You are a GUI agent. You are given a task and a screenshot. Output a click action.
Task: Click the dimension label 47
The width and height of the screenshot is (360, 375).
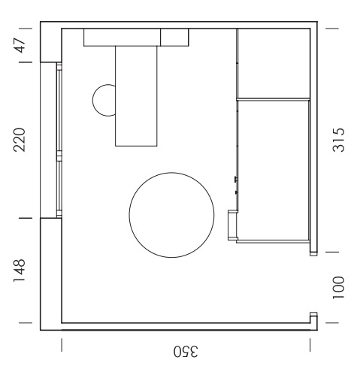(20, 45)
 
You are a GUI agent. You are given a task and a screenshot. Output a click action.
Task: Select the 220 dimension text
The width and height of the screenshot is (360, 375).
(20, 140)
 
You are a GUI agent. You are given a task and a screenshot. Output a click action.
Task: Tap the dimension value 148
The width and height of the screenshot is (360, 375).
(20, 271)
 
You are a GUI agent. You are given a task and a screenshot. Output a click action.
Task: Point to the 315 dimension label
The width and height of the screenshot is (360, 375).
(338, 140)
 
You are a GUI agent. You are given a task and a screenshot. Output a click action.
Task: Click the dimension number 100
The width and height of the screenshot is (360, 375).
(338, 288)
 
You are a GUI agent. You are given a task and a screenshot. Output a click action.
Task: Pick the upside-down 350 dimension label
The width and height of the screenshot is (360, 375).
(186, 352)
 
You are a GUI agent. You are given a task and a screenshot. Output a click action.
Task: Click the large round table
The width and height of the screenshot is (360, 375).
(171, 215)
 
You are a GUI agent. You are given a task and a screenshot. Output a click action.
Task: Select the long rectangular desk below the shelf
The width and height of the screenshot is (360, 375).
(136, 96)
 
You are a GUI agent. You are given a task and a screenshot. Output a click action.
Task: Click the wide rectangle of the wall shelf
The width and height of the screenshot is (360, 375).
(122, 38)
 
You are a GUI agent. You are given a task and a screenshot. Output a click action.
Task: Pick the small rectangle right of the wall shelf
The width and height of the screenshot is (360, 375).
(174, 38)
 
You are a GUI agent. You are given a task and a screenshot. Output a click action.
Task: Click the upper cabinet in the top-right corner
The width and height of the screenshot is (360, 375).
(274, 63)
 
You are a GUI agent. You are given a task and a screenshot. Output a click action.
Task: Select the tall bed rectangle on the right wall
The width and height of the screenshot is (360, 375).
(274, 171)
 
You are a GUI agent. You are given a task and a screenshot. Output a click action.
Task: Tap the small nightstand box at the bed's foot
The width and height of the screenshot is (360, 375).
(232, 225)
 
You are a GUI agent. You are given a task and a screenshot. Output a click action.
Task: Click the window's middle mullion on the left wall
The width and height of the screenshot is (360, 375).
(59, 156)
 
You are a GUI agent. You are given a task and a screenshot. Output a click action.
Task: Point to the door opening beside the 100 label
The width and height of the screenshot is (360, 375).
(313, 284)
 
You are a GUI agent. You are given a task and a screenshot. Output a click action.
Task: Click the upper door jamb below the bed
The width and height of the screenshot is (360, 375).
(313, 253)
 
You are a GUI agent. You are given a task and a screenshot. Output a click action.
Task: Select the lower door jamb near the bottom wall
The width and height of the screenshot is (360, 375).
(313, 314)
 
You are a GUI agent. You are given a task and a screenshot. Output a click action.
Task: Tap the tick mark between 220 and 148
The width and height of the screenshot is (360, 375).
(26, 218)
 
